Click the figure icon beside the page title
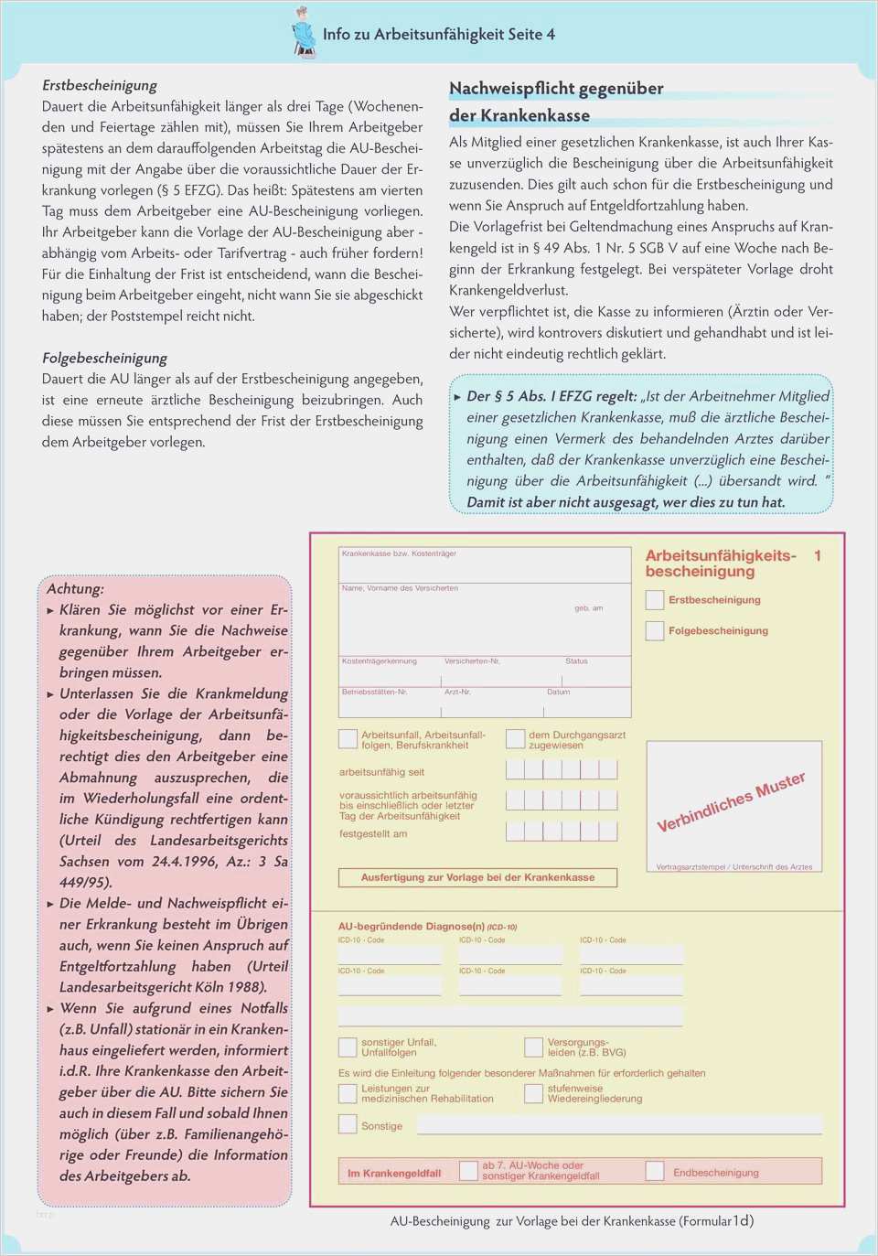coord(304,33)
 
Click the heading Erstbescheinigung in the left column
coord(100,85)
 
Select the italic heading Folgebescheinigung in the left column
coord(104,358)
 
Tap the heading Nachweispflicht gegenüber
coord(556,89)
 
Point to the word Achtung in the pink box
coord(75,588)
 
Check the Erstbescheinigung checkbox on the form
coord(655,600)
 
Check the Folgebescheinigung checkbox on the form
coord(655,631)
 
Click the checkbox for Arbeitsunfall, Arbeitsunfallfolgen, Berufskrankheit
coord(348,739)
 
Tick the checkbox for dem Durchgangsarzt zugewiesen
coord(516,739)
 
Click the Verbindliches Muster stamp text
coord(731,801)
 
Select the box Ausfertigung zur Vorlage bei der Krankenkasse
coord(477,877)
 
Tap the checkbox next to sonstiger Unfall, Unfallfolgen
coord(348,1047)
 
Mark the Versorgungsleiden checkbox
coord(534,1047)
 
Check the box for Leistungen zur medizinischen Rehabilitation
coord(348,1093)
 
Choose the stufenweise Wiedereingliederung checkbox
coord(534,1093)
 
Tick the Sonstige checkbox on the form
coord(348,1124)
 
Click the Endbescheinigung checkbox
coord(655,1171)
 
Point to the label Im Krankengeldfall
coord(394,1173)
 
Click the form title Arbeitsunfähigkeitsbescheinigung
coord(721,564)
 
